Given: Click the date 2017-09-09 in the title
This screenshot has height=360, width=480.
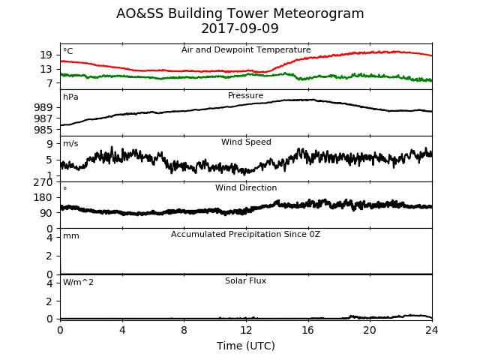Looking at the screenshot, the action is (x=240, y=28).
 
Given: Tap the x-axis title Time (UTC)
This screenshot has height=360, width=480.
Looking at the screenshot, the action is (x=246, y=346).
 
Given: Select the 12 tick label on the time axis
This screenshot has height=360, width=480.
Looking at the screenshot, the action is (x=246, y=330).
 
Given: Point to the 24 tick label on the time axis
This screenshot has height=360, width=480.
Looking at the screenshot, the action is (x=432, y=330).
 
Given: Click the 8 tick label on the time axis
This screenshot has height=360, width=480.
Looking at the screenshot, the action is (x=184, y=330).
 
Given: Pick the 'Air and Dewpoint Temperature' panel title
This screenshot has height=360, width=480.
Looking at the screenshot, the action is (x=246, y=49).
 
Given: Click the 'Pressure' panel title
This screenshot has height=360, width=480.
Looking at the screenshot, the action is (x=245, y=95).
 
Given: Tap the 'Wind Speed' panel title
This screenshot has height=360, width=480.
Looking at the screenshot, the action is (x=246, y=142).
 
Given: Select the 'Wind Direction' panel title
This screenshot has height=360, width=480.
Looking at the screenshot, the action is (x=246, y=187).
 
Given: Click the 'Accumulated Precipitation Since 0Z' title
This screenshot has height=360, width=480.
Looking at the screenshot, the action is (x=245, y=234).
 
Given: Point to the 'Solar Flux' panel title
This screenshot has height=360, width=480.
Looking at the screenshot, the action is (x=245, y=280).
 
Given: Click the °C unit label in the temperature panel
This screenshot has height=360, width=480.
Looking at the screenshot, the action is (x=68, y=51).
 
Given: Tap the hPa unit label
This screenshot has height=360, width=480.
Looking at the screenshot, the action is (x=70, y=97).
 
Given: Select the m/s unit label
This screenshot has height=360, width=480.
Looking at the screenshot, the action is (x=70, y=143).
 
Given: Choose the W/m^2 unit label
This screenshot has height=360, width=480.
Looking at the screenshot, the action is (x=78, y=282).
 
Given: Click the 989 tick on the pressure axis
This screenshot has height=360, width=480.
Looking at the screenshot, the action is (x=43, y=107).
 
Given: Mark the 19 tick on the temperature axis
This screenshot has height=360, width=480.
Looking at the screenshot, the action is (x=46, y=55).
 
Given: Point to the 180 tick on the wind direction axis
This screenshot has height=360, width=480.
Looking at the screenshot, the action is (x=43, y=197).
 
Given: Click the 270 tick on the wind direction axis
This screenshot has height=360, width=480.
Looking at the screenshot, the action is (x=43, y=182).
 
